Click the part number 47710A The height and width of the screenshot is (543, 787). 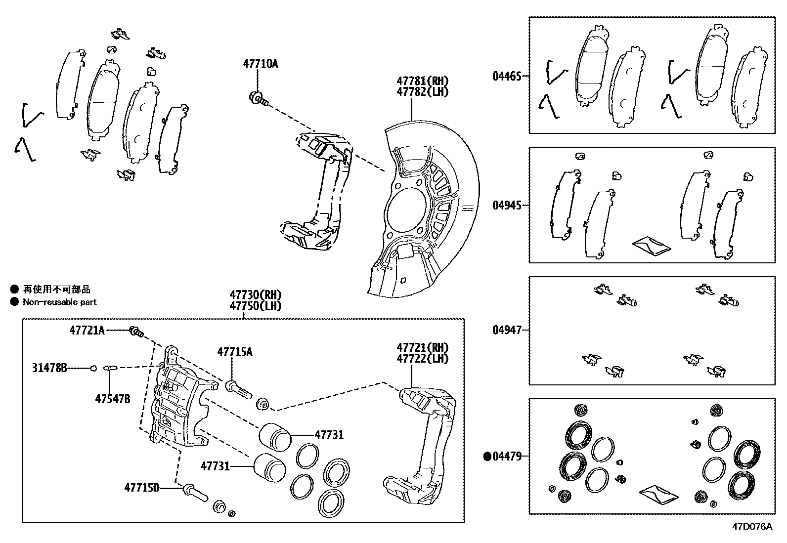click(x=260, y=64)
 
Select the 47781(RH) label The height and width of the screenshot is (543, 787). click(x=422, y=81)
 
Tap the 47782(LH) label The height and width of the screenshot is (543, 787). click(x=422, y=91)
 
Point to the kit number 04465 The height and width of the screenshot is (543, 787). click(x=507, y=76)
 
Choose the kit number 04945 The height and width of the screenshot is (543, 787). click(x=507, y=205)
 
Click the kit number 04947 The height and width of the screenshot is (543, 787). click(x=507, y=330)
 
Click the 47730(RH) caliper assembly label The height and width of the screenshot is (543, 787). click(x=255, y=295)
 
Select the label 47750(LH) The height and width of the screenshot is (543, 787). click(x=255, y=306)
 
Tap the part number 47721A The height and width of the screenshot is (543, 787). click(x=87, y=331)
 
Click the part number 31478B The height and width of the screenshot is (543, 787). click(x=49, y=368)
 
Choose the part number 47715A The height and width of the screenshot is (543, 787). click(x=235, y=352)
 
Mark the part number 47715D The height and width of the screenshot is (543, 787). click(x=142, y=488)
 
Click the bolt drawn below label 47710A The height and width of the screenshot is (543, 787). click(x=258, y=99)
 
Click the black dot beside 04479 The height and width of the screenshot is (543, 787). click(x=487, y=457)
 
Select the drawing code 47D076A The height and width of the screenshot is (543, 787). click(x=752, y=526)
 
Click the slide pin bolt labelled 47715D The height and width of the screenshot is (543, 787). click(x=195, y=493)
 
